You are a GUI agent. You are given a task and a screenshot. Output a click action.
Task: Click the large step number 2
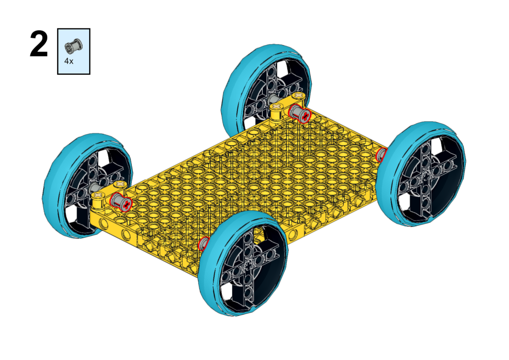pyautogui.click(x=39, y=44)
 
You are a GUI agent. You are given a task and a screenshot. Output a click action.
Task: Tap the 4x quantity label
pyautogui.click(x=69, y=62)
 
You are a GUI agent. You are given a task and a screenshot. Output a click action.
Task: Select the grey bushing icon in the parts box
pyautogui.click(x=74, y=47)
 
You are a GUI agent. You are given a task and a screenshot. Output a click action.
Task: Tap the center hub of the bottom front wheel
pyautogui.click(x=249, y=265)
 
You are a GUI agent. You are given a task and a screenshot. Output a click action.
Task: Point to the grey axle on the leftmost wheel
pyautogui.click(x=94, y=189)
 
